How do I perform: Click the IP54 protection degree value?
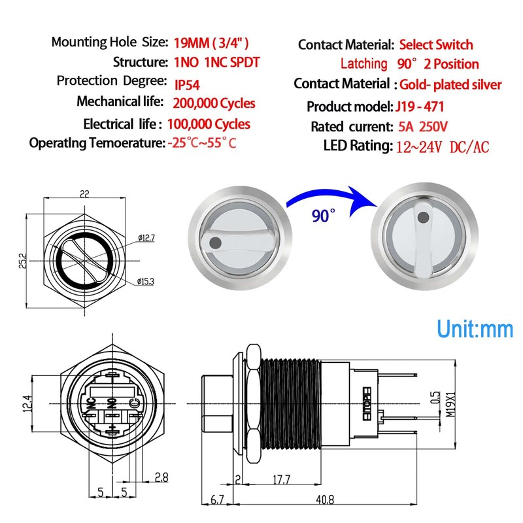coord(188,84)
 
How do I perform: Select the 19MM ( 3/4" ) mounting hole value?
coord(211,43)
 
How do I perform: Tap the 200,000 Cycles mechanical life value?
coord(214,103)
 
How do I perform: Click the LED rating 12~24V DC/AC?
coord(443,146)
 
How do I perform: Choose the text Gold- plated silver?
coord(450,84)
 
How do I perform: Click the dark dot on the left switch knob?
coord(216,243)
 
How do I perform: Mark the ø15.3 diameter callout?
coord(146,282)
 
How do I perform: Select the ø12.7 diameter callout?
coord(146,238)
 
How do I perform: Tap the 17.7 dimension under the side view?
coord(282,481)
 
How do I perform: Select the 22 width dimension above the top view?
coord(84,194)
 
